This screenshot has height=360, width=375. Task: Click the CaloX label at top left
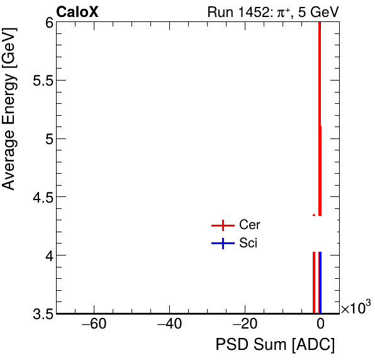(x=77, y=11)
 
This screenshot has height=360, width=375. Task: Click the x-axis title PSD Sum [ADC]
(x=275, y=345)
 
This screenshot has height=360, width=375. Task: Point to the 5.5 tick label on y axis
(x=42, y=81)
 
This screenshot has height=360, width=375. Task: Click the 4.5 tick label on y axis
(x=42, y=197)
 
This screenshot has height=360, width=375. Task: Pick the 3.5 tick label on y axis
(x=42, y=313)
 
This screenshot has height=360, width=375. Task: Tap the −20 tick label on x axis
(x=245, y=325)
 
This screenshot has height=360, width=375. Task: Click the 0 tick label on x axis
(x=320, y=325)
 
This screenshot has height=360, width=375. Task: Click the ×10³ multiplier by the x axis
(x=355, y=308)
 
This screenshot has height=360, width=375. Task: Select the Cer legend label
(x=249, y=225)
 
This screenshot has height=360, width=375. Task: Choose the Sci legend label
(x=248, y=244)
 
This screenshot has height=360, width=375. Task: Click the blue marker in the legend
(x=223, y=244)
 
